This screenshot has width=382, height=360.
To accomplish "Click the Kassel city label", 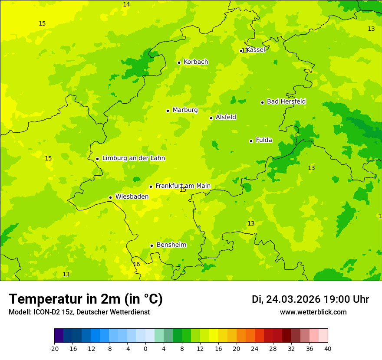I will click(256, 50).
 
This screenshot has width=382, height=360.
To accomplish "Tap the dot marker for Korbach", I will click(179, 62).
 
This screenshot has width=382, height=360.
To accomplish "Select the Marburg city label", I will click(185, 110).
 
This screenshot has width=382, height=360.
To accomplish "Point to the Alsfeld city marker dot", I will click(211, 118).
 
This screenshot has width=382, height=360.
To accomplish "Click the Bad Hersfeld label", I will click(286, 101).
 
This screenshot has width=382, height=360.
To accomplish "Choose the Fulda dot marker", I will click(251, 141).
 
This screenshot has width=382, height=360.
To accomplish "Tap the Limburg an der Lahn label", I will click(133, 158).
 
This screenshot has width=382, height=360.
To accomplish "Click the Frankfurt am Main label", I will click(183, 186).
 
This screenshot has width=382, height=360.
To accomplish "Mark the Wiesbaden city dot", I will click(110, 197).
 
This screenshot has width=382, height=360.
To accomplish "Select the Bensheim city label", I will click(171, 245).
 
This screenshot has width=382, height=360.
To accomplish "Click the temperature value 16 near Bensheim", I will click(136, 264).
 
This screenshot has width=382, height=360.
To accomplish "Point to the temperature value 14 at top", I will click(126, 4).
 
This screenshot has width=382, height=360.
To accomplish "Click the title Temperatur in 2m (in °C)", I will click(86, 299).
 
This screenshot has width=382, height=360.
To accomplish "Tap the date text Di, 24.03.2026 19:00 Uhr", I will click(310, 299).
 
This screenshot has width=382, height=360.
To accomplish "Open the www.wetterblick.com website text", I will click(313, 312).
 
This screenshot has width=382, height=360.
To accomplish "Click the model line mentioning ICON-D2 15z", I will click(79, 312).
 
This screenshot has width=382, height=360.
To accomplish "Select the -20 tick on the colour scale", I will click(54, 348).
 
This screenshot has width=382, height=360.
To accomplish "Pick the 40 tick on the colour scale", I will click(327, 348).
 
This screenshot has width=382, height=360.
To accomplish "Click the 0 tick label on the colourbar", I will click(145, 348).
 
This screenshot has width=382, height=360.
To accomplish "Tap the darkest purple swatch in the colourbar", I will click(59, 336).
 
